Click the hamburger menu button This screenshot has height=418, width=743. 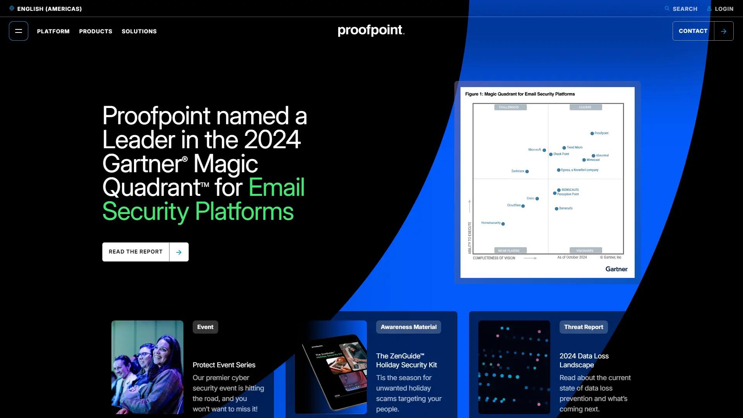click(x=19, y=31)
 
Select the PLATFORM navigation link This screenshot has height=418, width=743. click(x=53, y=31)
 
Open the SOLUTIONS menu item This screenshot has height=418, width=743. click(x=139, y=31)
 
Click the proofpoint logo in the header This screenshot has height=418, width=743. click(x=371, y=30)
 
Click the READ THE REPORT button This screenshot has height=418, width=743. click(x=145, y=252)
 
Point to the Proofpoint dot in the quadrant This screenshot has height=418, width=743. click(x=592, y=134)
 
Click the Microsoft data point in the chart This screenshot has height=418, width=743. click(x=544, y=150)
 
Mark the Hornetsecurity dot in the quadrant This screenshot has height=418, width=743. click(x=503, y=224)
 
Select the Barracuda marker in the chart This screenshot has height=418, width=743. click(x=556, y=209)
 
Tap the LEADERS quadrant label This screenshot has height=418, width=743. click(x=585, y=107)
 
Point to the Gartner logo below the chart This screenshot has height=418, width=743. click(x=616, y=269)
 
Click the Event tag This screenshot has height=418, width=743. click(x=205, y=327)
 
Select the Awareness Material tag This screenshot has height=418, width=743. click(x=408, y=327)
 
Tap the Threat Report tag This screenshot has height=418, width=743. click(x=584, y=327)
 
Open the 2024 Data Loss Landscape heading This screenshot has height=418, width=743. click(x=584, y=360)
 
